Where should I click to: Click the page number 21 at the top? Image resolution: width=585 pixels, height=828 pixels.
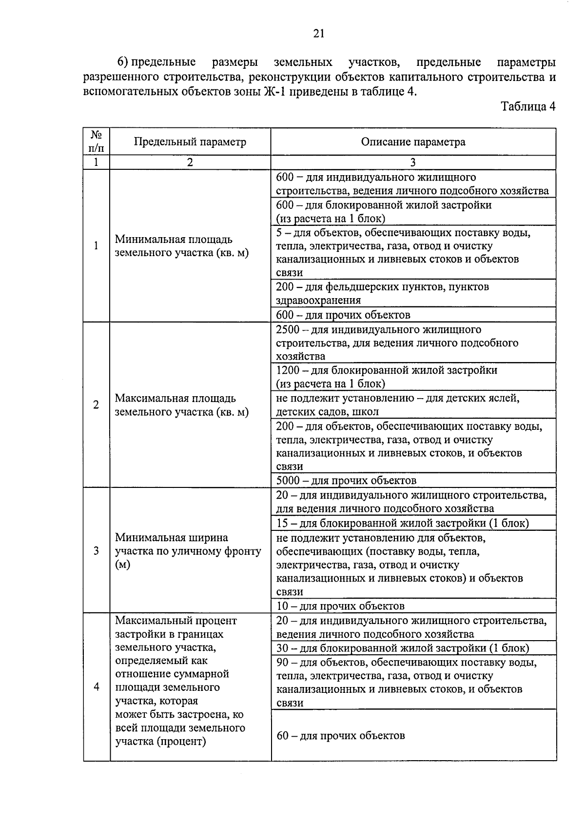(318, 33)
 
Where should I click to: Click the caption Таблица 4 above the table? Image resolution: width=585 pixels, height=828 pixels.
(528, 106)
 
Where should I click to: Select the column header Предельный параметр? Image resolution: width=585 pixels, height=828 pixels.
(190, 142)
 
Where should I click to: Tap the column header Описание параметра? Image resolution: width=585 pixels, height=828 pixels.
(413, 142)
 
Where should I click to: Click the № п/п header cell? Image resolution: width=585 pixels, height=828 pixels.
(96, 141)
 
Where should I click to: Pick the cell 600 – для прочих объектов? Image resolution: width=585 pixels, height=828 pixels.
(343, 315)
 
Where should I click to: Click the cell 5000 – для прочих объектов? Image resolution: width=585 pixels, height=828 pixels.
(346, 481)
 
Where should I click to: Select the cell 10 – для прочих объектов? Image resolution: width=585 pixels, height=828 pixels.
(340, 606)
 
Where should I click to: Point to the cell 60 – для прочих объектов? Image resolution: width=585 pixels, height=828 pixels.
(341, 735)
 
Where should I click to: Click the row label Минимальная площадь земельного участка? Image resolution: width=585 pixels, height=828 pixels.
(181, 246)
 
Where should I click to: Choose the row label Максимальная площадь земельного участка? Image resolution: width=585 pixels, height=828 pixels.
(181, 405)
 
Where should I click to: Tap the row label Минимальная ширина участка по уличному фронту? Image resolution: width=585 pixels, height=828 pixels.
(188, 551)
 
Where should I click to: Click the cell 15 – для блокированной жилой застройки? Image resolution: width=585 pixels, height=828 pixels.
(402, 523)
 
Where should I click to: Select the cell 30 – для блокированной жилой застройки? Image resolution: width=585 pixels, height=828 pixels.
(402, 648)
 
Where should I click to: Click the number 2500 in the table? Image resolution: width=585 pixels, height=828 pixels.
(288, 330)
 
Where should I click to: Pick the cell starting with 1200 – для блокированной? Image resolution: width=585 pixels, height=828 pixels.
(386, 377)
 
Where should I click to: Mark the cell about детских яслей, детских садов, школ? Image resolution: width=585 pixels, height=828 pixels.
(397, 405)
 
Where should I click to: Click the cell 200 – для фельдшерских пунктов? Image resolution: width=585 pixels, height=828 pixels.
(382, 293)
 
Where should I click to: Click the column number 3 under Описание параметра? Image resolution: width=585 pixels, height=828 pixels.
(413, 162)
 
